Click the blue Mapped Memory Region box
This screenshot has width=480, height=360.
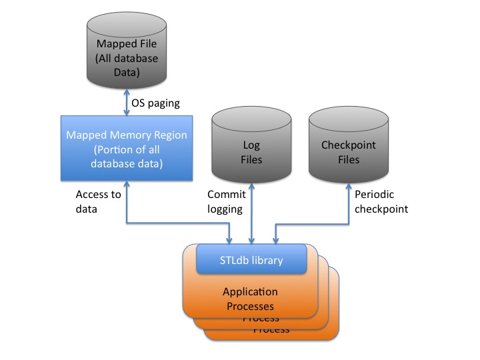(x=127, y=148)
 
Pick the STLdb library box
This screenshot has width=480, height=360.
(x=251, y=260)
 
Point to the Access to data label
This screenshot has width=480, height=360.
(x=98, y=201)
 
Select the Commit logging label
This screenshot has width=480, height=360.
(x=226, y=201)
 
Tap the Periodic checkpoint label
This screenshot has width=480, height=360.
(x=381, y=201)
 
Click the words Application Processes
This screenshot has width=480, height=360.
(x=250, y=299)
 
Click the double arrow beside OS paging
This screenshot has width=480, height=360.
(x=127, y=103)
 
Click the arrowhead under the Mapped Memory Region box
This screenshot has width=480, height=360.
(x=127, y=186)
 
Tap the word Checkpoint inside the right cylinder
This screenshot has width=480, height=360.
(x=349, y=145)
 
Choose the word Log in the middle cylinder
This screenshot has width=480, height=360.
(x=251, y=145)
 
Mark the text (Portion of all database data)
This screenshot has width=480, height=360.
(x=127, y=155)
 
